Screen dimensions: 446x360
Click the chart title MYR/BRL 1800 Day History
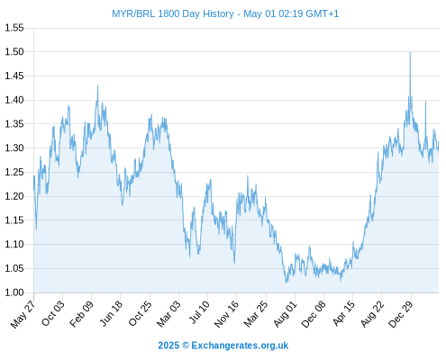click(x=173, y=13)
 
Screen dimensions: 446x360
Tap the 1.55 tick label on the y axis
click(x=14, y=28)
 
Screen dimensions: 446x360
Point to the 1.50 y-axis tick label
click(x=14, y=52)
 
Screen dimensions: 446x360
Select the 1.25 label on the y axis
click(x=14, y=172)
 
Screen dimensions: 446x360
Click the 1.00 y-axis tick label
click(x=14, y=292)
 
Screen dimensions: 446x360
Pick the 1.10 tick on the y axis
click(x=14, y=244)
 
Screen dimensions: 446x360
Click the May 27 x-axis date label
click(x=23, y=314)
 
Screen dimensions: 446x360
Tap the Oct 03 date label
click(x=53, y=313)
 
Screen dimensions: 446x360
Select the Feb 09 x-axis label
click(x=81, y=314)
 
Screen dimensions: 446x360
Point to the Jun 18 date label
click(x=111, y=313)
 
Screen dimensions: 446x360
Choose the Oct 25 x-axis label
click(x=140, y=313)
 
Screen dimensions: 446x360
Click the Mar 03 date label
click(x=168, y=314)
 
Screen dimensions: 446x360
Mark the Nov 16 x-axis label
click(x=226, y=314)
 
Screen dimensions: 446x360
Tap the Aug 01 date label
click(x=286, y=314)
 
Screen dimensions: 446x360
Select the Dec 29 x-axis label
click(x=401, y=314)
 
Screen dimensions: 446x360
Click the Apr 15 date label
click(x=343, y=313)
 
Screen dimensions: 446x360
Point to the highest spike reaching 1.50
click(x=410, y=52)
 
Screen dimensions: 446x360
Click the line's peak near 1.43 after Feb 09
click(x=97, y=86)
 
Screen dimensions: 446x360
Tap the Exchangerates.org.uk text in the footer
click(x=240, y=346)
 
